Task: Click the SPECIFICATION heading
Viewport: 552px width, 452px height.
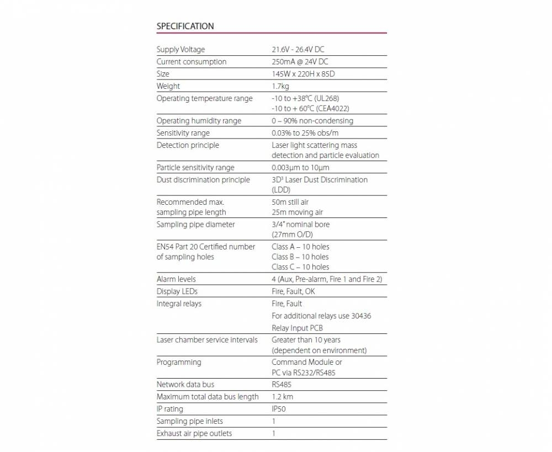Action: [x=185, y=26]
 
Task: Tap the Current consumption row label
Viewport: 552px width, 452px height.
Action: [x=192, y=62]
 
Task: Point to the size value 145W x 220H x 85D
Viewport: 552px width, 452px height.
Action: [x=303, y=74]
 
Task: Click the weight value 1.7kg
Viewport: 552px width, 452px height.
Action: [x=280, y=86]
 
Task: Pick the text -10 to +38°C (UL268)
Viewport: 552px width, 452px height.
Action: [x=305, y=98]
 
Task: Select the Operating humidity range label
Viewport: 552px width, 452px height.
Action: [x=199, y=121]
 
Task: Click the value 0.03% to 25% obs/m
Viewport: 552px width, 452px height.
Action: [x=305, y=133]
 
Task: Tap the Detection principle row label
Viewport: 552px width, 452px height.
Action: [x=188, y=145]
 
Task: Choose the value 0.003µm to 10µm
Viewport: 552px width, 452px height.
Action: [x=301, y=167]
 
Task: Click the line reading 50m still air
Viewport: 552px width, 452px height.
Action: [x=290, y=202]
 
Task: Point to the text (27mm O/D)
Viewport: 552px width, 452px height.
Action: [x=292, y=235]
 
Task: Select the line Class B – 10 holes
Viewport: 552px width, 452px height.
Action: [x=300, y=257]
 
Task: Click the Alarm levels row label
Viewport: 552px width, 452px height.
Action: [x=176, y=279]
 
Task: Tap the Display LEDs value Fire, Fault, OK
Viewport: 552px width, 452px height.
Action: [x=293, y=291]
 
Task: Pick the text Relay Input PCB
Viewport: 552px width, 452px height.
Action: [x=297, y=328]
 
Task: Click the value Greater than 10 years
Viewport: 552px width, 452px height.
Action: [x=306, y=340]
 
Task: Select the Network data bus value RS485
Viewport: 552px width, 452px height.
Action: [x=282, y=385]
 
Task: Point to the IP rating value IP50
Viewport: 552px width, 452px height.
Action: [x=279, y=409]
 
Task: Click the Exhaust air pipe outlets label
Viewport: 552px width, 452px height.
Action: [x=194, y=433]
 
